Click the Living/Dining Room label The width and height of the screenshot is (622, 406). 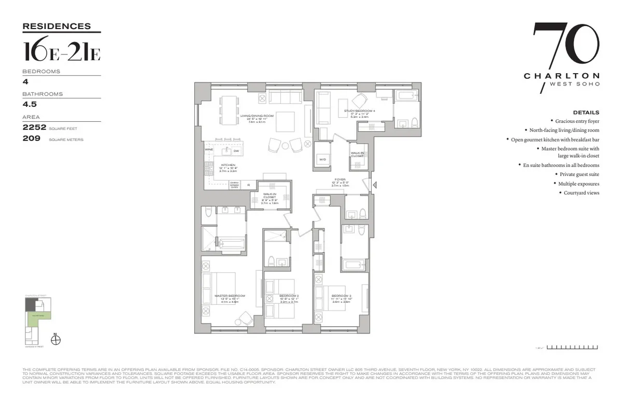click(261, 116)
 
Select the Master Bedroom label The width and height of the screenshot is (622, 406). click(230, 296)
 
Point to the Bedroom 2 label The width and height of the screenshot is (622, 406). click(289, 296)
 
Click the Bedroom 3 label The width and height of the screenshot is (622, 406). click(342, 296)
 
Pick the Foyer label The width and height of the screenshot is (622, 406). click(340, 179)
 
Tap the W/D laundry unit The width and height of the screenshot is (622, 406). click(322, 159)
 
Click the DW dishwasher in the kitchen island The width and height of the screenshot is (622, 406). click(236, 151)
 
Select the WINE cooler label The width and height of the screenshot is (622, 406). click(209, 149)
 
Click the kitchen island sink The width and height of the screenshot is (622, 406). click(226, 151)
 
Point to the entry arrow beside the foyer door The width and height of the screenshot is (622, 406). click(375, 184)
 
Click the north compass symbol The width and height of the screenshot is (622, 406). click(57, 340)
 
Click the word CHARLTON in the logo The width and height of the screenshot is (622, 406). click(561, 76)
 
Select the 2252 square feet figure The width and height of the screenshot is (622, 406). click(34, 127)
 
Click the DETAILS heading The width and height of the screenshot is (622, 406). click(586, 112)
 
